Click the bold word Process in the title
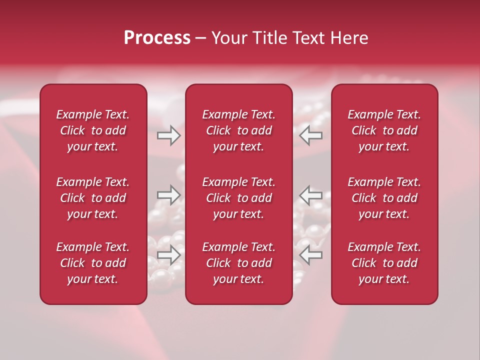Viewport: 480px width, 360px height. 157,38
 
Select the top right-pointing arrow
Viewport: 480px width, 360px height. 168,135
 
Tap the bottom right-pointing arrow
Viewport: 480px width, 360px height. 168,255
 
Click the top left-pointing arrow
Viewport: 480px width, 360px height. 311,135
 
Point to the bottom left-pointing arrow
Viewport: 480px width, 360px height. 311,255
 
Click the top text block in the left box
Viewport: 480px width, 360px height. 93,130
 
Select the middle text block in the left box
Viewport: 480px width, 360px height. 93,198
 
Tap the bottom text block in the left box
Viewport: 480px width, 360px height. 93,263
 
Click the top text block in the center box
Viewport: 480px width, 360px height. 238,130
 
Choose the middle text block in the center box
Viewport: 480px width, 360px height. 238,198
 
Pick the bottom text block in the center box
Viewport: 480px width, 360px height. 238,263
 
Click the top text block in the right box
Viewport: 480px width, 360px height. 384,130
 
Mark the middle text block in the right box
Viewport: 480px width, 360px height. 384,198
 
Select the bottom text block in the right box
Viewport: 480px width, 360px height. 384,263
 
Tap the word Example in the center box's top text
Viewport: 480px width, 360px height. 224,115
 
